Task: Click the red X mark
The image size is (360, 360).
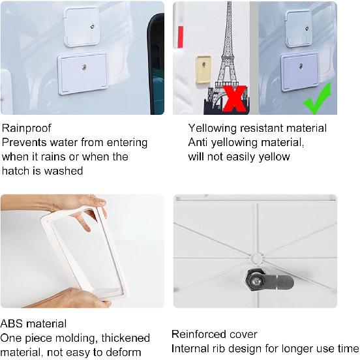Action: tap(234, 98)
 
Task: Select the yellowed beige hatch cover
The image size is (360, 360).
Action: tap(203, 69)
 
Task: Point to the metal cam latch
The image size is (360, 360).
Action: tap(269, 280)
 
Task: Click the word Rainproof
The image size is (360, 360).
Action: tap(26, 128)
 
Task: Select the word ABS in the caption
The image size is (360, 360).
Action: tap(11, 324)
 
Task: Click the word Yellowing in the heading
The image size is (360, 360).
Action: tap(213, 128)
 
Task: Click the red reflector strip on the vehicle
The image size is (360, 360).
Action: tap(181, 37)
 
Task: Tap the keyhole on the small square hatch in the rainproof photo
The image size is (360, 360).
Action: tap(93, 26)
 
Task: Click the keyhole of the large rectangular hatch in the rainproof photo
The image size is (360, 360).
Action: tap(85, 67)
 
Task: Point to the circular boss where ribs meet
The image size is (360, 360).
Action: tap(256, 259)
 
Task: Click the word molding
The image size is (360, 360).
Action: tap(76, 338)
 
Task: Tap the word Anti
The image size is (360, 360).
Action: tap(198, 143)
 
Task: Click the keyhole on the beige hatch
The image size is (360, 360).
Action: tap(203, 64)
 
